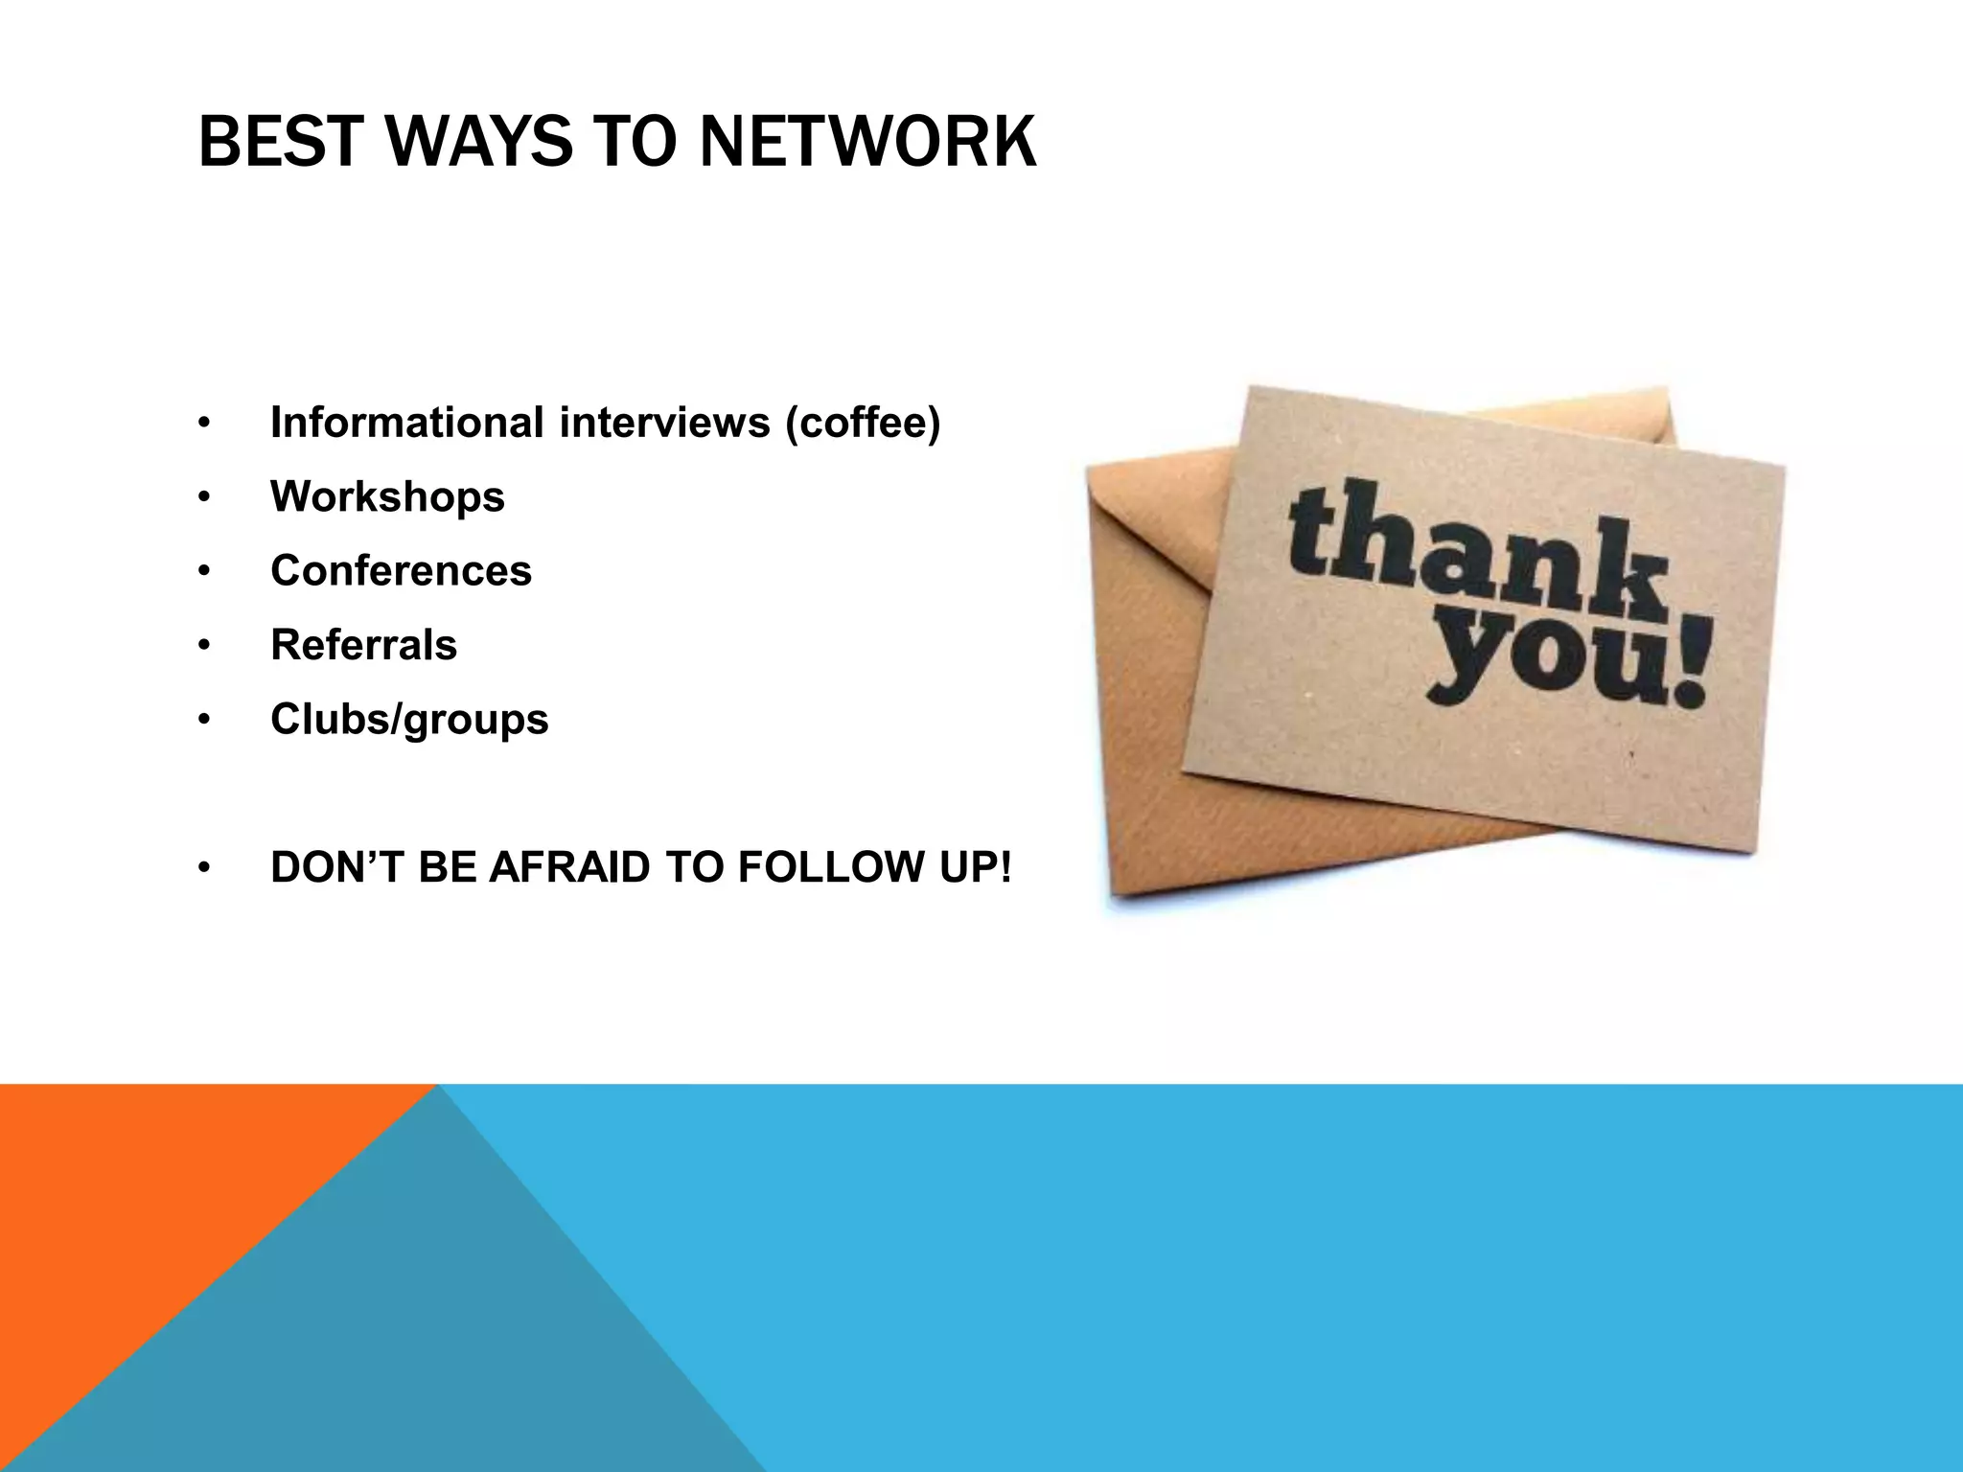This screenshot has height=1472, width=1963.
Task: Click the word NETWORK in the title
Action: [867, 142]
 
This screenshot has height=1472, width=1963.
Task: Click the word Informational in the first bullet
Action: [407, 423]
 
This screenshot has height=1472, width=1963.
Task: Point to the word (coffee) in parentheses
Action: [863, 423]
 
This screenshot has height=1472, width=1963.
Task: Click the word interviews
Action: [664, 423]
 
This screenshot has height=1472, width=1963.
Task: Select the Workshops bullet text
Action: [387, 496]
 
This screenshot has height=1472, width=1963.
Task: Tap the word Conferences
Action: [401, 571]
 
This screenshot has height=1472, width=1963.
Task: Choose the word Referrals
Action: [363, 645]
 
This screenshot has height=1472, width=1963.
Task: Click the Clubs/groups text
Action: [409, 720]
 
